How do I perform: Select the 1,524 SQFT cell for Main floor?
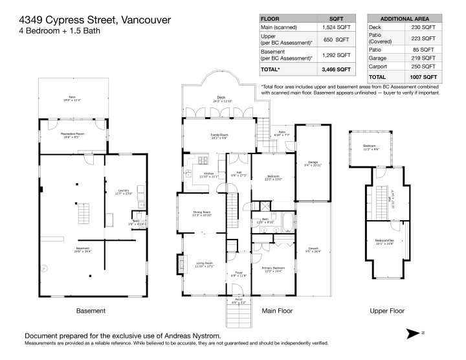336,27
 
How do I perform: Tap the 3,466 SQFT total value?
336,69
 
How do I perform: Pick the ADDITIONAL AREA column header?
403,18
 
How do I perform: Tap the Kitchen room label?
208,174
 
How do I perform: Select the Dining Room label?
202,212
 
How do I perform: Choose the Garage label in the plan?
313,162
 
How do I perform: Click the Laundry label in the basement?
123,191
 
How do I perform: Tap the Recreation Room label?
72,135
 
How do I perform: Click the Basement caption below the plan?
72,311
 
